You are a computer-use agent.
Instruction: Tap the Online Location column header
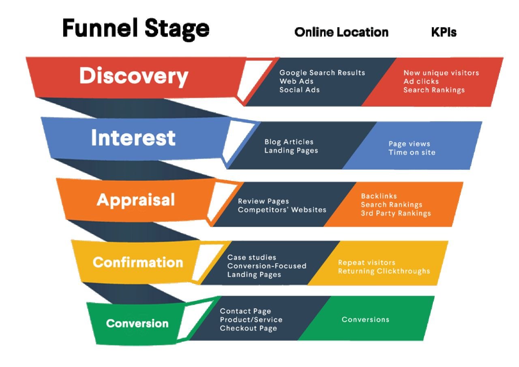coord(341,32)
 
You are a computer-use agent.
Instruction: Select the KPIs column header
coord(444,32)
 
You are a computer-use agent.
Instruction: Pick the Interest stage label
coord(133,138)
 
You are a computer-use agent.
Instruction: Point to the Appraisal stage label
coord(136,200)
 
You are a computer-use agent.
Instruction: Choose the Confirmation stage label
coord(138,262)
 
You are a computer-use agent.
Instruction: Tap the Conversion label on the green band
coord(137,324)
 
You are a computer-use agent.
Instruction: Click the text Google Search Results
coord(322,73)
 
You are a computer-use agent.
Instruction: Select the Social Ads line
coord(299,90)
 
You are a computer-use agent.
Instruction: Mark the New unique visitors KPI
coord(441,73)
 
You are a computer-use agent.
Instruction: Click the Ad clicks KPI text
coord(421,82)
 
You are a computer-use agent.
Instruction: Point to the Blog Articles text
coord(289,142)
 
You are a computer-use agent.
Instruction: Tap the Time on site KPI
coord(412,152)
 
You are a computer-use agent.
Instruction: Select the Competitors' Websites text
coord(282,210)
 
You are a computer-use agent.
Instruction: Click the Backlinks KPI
coord(379,196)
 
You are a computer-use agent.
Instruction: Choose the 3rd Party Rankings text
coord(396,213)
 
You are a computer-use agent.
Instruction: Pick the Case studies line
coord(251,258)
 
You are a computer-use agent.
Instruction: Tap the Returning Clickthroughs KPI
coord(384,271)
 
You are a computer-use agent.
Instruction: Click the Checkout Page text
coord(248,328)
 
